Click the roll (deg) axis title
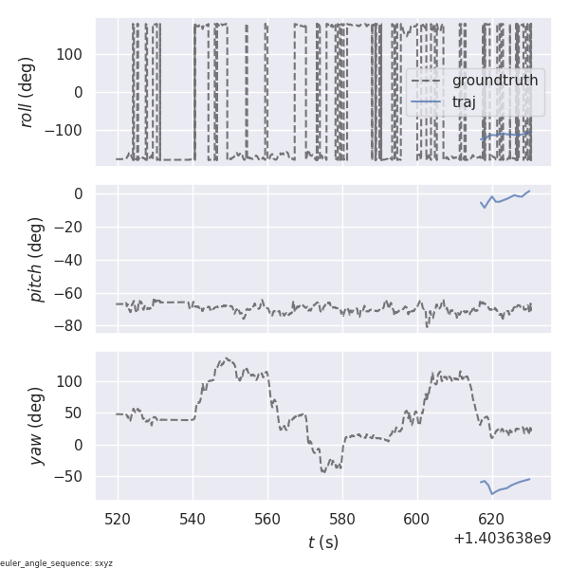tap(28, 92)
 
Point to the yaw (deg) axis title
tap(36, 426)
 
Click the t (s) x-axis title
tap(322, 542)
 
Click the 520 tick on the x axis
tap(119, 519)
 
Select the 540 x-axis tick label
tap(193, 519)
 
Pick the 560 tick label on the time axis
tap(267, 519)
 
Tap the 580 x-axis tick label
tap(342, 519)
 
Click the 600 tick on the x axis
tap(417, 519)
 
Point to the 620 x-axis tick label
tap(491, 519)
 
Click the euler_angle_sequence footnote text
tap(57, 563)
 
